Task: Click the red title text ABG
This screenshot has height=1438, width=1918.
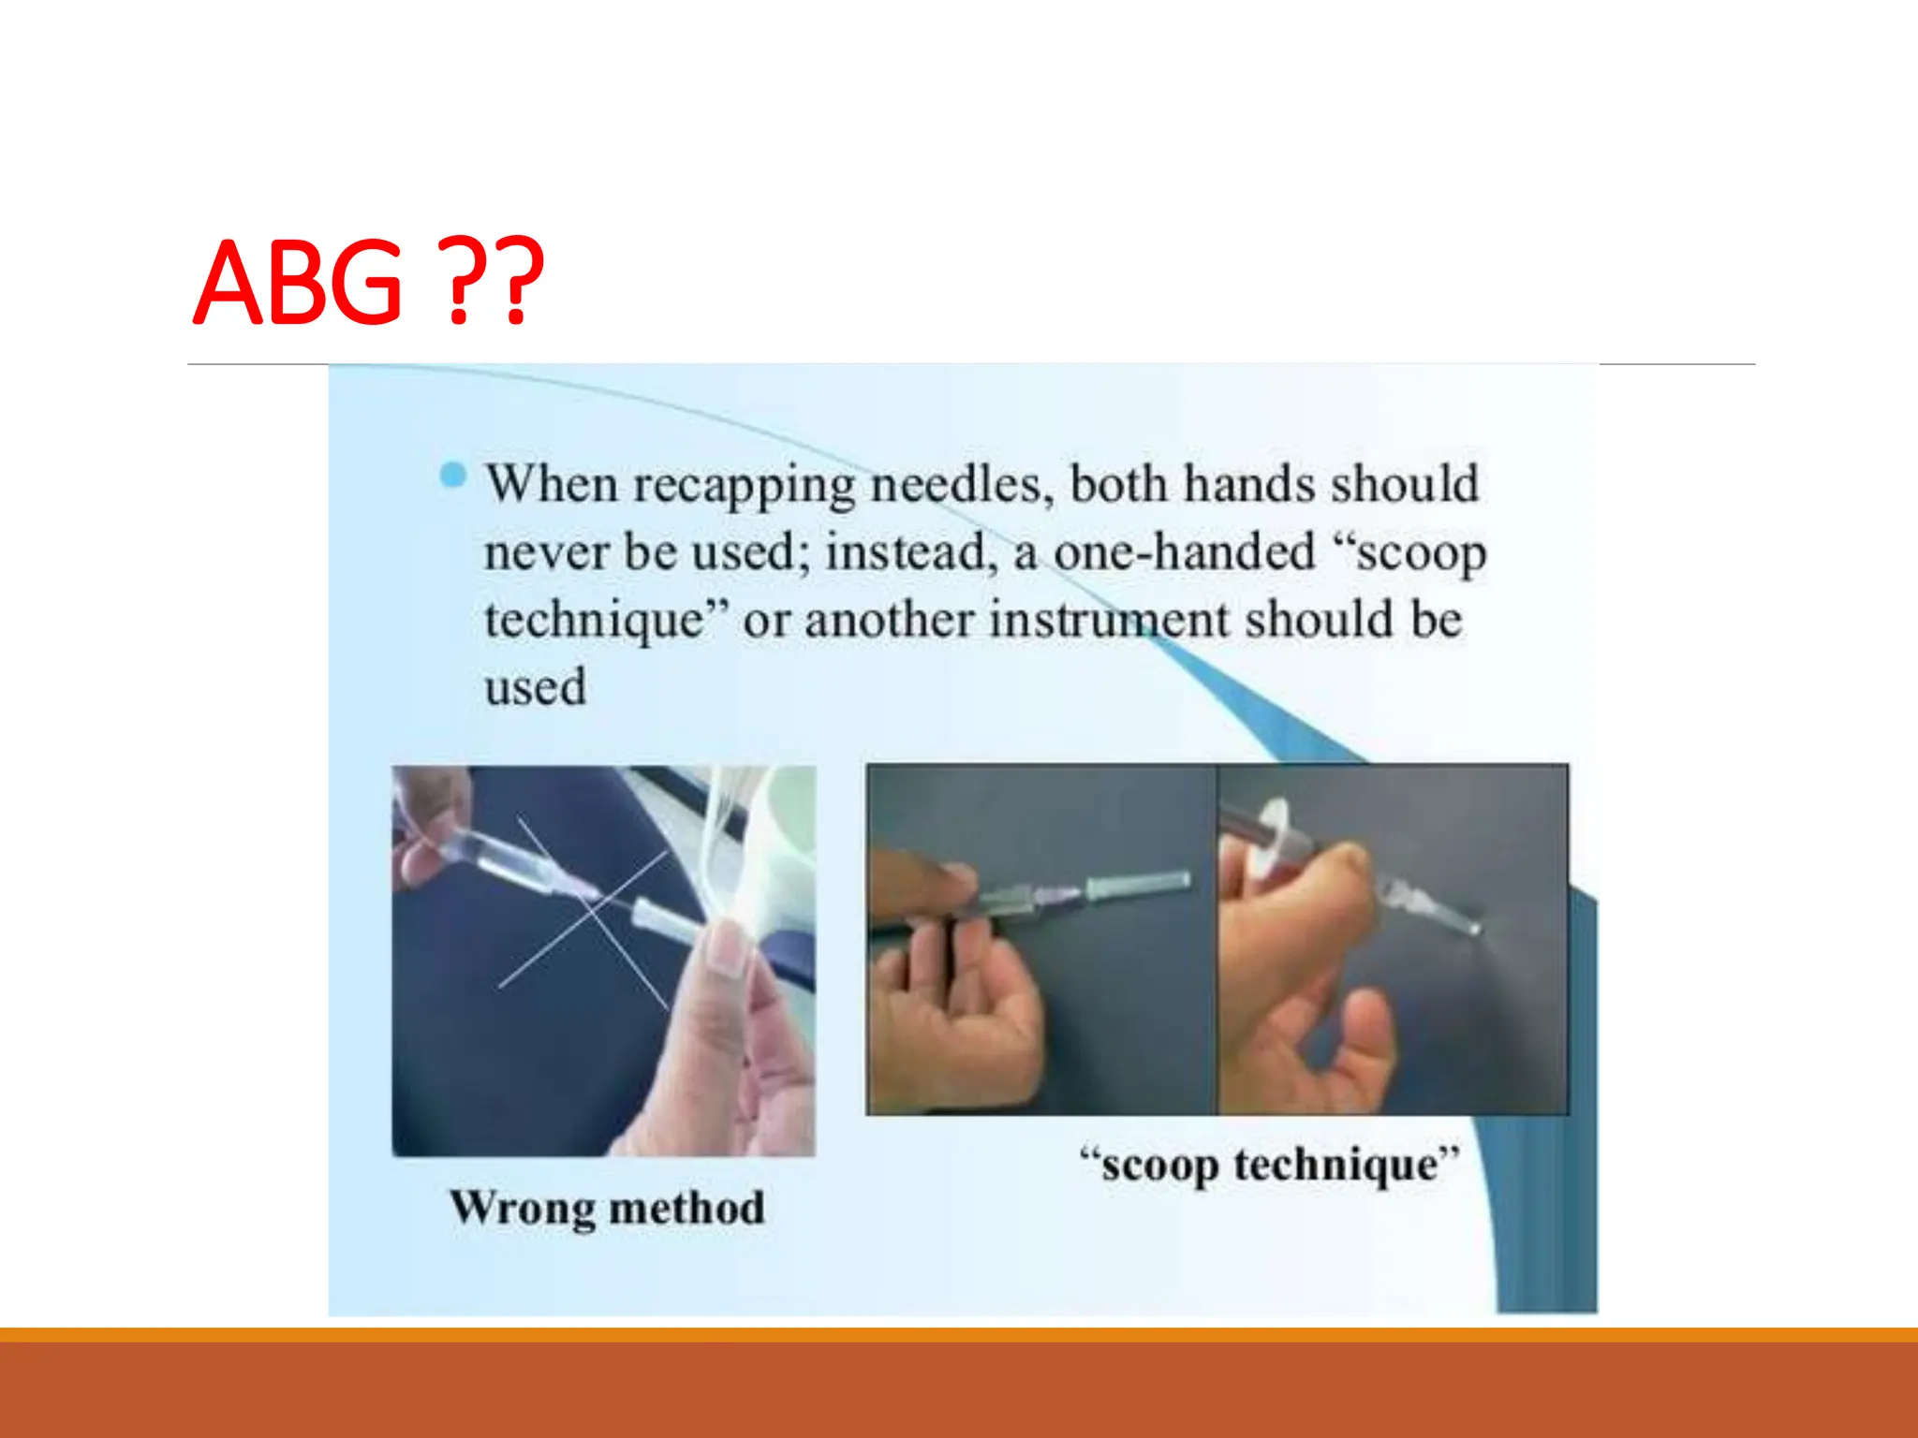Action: (x=298, y=283)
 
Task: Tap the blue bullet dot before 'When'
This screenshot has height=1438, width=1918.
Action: (x=453, y=477)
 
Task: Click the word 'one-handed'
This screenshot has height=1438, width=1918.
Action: (x=1185, y=551)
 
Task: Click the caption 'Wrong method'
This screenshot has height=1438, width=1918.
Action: (x=607, y=1208)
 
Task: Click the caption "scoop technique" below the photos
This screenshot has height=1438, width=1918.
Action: (x=1270, y=1166)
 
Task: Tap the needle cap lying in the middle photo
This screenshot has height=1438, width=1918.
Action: (x=1138, y=883)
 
